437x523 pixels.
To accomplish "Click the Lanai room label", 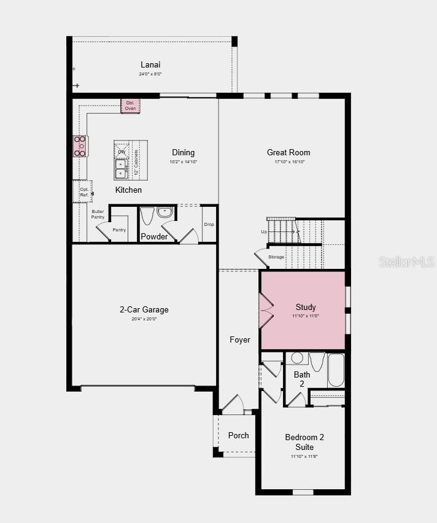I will point(150,64).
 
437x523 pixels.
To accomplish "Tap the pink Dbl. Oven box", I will point(130,106).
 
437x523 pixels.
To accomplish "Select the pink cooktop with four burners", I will point(80,147).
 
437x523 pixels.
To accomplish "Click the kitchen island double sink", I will point(120,168).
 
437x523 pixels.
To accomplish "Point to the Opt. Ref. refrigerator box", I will point(83,192).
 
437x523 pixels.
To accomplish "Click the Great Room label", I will point(288,152).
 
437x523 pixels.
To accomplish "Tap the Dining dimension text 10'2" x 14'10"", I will point(184,162).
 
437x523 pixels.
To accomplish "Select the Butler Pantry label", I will point(98,214).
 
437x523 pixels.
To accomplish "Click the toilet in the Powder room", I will point(147,215).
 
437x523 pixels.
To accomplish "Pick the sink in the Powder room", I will point(165,212).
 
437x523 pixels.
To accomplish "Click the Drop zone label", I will point(209,225).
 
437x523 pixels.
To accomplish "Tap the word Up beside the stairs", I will point(264,232).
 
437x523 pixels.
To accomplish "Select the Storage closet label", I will point(276,257).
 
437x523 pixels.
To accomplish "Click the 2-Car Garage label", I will point(144,309).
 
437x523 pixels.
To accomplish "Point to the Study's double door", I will point(266,310).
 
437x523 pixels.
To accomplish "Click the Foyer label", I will point(240,339).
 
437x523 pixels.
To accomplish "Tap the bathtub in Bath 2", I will point(336,370).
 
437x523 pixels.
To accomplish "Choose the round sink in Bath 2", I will point(297,358).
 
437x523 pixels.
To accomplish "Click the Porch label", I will point(239,435).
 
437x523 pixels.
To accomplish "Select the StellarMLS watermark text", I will point(406,261).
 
